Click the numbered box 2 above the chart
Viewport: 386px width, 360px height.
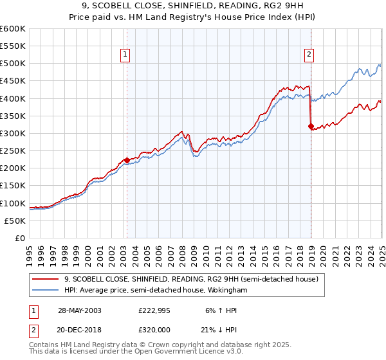click(309, 55)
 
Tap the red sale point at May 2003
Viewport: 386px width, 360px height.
click(127, 160)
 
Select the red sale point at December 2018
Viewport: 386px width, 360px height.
click(311, 126)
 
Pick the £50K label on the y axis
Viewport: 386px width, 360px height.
click(15, 221)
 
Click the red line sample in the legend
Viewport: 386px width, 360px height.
click(46, 279)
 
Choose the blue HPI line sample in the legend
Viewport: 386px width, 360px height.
click(46, 291)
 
